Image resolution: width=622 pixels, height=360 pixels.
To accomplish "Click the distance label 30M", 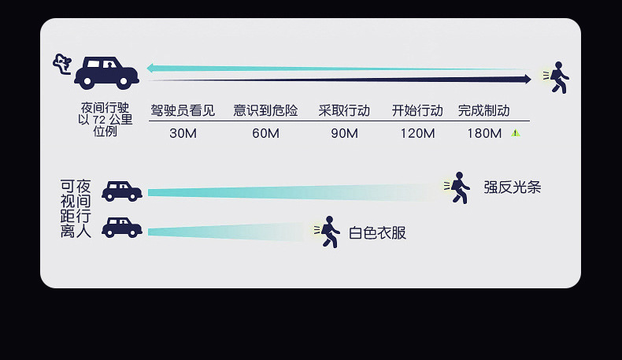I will (x=183, y=133).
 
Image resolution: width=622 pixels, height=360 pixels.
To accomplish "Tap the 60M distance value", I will (x=265, y=133).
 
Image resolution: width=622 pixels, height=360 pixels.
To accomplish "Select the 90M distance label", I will (x=344, y=133).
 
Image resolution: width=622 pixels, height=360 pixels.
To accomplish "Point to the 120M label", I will (x=417, y=133).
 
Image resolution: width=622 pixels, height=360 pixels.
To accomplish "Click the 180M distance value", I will (x=484, y=133).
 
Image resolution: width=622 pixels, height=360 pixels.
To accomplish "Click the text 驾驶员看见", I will (x=183, y=110).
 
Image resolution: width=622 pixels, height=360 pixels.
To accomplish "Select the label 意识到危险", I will (x=265, y=110).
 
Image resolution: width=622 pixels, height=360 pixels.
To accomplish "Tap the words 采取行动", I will (x=344, y=110).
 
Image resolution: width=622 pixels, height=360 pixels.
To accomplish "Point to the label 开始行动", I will (x=417, y=110).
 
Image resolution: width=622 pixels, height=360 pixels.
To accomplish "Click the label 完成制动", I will (x=484, y=110).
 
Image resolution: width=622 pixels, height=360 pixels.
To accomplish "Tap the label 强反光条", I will (x=513, y=187).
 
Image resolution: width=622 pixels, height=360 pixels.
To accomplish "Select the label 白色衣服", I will (x=378, y=232).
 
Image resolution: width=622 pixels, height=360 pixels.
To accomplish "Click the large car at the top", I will (x=106, y=72).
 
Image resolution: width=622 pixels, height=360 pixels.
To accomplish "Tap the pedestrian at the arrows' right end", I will (x=557, y=77).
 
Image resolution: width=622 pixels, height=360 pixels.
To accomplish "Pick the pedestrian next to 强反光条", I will (x=458, y=187).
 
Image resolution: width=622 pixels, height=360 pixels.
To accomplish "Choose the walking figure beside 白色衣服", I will (x=328, y=232).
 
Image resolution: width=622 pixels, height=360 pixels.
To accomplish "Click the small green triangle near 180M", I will (x=516, y=133).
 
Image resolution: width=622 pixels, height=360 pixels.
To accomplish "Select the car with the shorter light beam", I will (x=122, y=228).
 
